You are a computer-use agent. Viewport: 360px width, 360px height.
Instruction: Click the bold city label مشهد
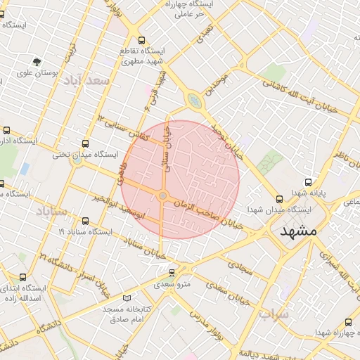pyautogui.click(x=298, y=231)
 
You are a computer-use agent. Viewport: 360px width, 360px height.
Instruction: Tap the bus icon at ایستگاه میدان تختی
pyautogui.click(x=86, y=143)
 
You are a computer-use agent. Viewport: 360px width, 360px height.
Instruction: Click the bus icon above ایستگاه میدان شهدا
pyautogui.click(x=280, y=199)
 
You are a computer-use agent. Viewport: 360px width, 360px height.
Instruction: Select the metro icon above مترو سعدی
pyautogui.click(x=172, y=273)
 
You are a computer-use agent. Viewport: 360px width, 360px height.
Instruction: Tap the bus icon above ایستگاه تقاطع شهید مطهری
pyautogui.click(x=143, y=40)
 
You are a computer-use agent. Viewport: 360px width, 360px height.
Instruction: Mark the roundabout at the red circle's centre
pyautogui.click(x=163, y=195)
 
